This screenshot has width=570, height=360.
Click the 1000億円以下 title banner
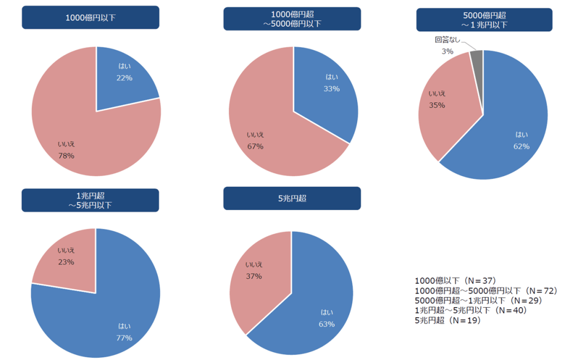[90, 17]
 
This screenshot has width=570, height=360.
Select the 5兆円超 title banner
[292, 198]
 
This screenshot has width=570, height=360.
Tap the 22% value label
[124, 78]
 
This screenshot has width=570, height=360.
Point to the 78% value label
[66, 155]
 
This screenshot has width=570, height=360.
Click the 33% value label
[332, 88]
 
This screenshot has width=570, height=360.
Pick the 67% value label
[255, 146]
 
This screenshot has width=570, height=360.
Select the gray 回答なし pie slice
[476, 58]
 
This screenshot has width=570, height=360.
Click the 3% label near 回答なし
[447, 51]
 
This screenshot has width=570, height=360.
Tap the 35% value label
[437, 105]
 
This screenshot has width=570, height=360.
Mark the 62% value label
[522, 146]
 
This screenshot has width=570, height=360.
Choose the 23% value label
[66, 262]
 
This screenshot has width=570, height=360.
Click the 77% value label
[124, 338]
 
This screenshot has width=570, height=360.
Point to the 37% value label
[254, 275]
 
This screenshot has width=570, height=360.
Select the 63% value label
[327, 324]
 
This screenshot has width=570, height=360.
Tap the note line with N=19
[447, 320]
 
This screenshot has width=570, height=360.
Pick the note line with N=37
[455, 280]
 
